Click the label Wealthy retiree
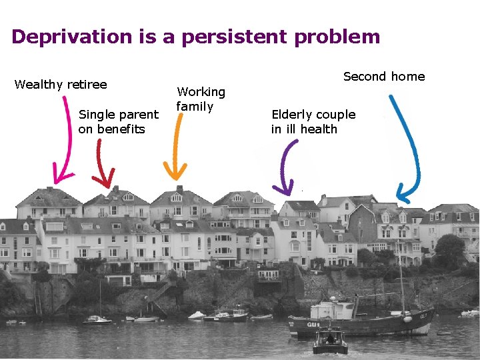point(61,85)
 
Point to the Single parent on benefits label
point(118,122)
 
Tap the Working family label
point(200,99)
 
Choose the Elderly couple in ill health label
point(313,122)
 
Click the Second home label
point(383,77)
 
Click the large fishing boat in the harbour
point(360,321)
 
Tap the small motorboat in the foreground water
point(330,342)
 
